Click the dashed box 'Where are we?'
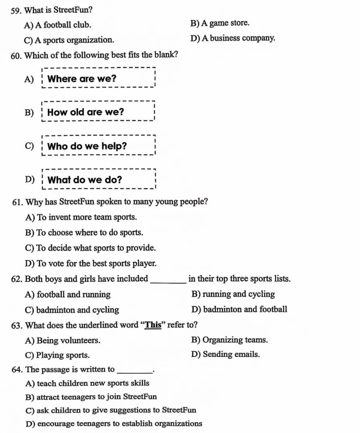pos(98,79)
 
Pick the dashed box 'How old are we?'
pos(98,112)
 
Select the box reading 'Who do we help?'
pos(98,146)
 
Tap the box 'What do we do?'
pos(98,180)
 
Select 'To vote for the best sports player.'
pos(96,263)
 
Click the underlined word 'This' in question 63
pos(153,325)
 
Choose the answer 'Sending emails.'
pos(231,354)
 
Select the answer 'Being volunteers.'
pos(68,340)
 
